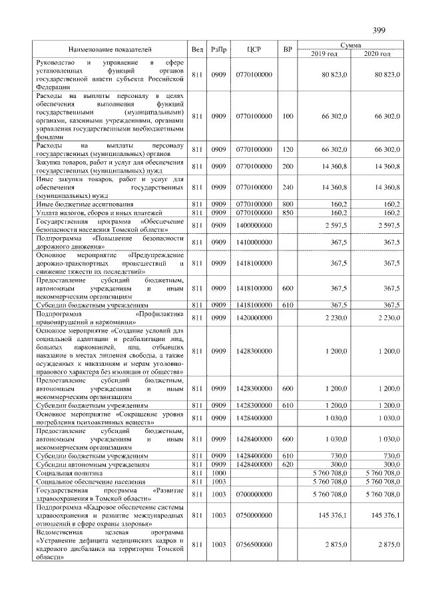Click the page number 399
point(379,30)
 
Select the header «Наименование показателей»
point(110,49)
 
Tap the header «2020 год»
point(377,53)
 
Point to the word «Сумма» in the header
point(350,45)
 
